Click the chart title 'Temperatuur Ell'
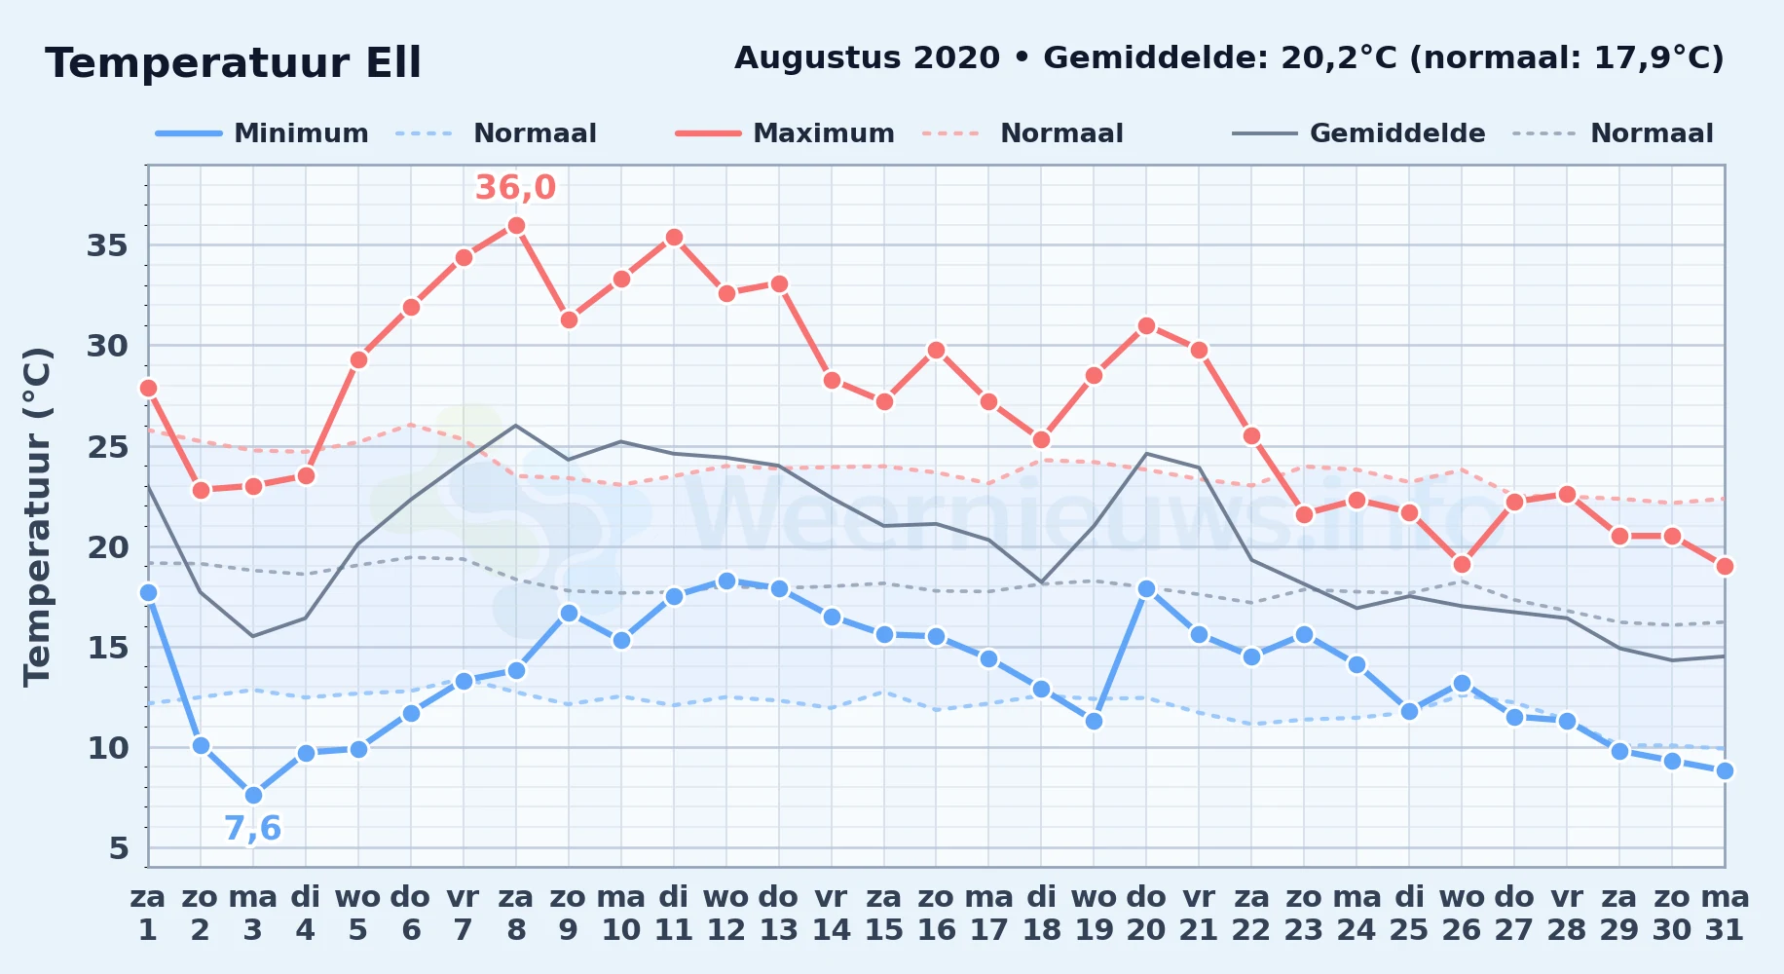pos(234,63)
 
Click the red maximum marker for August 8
pos(516,225)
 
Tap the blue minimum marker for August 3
pos(253,795)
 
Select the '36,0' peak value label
pos(515,187)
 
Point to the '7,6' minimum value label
pos(252,829)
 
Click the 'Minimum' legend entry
pos(262,133)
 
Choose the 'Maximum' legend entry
pos(785,133)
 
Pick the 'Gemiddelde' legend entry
pos(1358,133)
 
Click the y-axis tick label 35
pos(107,245)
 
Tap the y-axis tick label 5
pos(119,848)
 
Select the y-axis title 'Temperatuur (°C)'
pos(37,517)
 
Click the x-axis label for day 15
pos(884,914)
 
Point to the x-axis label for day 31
pos(1725,914)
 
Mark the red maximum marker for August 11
pos(674,237)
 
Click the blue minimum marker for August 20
pos(1146,588)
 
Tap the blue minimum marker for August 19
pos(1094,721)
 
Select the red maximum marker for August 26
pos(1462,564)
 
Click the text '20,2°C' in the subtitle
pos(1340,58)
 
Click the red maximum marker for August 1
pos(148,388)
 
